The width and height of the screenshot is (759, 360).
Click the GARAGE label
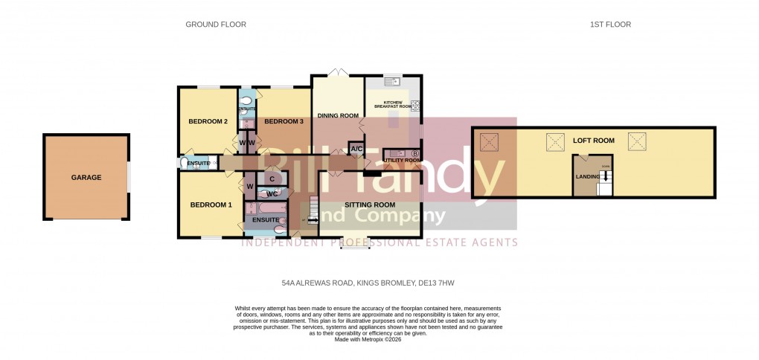coord(86,178)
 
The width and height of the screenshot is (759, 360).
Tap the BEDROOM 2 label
coord(208,122)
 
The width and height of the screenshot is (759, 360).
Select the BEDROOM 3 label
coord(284,122)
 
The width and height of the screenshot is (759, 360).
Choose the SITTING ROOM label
coord(370,205)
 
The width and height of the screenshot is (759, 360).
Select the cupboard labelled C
coord(272,179)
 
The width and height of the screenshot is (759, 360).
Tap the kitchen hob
coord(415,105)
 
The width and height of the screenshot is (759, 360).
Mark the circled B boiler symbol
coord(415,154)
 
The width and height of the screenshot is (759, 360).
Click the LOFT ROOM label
coord(593,141)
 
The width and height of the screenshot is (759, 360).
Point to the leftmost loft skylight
coord(489,141)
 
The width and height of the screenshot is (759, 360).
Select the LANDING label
coord(588,176)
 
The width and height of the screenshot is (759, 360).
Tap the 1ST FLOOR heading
coord(610,25)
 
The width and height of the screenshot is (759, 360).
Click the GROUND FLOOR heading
coord(216,25)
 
